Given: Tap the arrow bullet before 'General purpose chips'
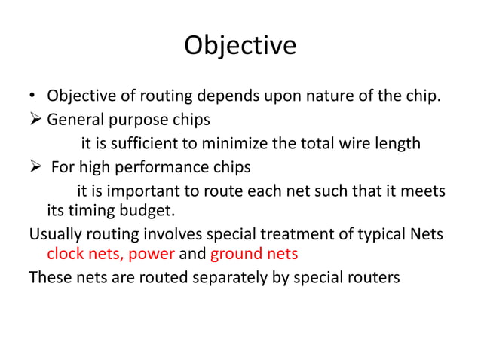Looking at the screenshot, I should click(x=35, y=120).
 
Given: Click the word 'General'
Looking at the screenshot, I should click(x=75, y=121).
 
